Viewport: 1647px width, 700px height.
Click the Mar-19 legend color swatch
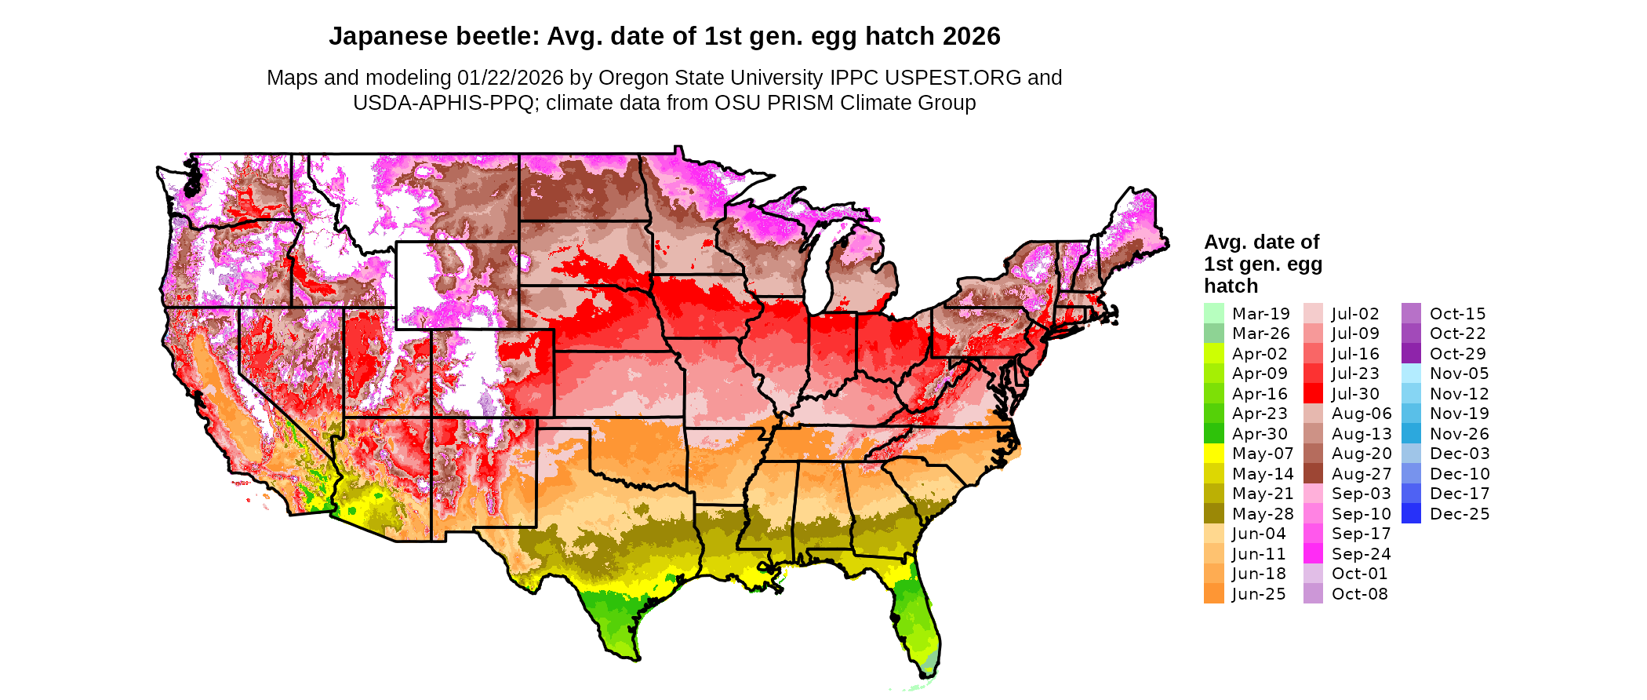[x=1213, y=313]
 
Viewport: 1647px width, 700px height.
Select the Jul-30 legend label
[x=1355, y=394]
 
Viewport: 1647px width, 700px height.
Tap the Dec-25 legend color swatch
[x=1411, y=514]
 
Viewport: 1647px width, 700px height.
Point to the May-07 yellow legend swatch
[x=1213, y=454]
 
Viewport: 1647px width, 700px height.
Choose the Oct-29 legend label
[x=1457, y=354]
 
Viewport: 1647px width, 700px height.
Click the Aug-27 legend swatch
[x=1313, y=474]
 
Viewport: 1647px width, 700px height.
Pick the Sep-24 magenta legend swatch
[x=1313, y=554]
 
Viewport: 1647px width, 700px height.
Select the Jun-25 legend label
[x=1259, y=594]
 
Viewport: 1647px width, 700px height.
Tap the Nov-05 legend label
[x=1459, y=374]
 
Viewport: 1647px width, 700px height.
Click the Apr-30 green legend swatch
[x=1213, y=434]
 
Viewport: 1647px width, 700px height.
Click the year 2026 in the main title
[x=972, y=36]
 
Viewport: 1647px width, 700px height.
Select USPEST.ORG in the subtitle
[x=953, y=78]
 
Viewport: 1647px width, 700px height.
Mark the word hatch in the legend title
[x=1231, y=286]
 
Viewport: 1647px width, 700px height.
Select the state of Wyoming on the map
[x=456, y=284]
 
